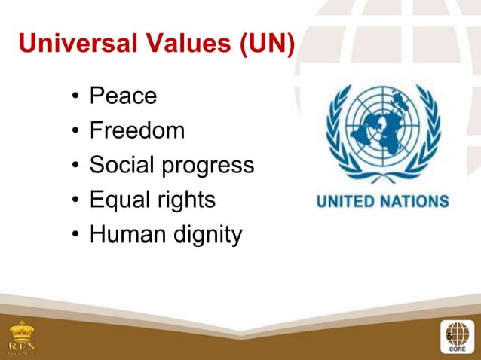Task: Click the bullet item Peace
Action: pyautogui.click(x=124, y=96)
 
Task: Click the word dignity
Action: pyautogui.click(x=205, y=236)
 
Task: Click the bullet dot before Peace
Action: pyautogui.click(x=75, y=98)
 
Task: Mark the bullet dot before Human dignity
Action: pyautogui.click(x=75, y=236)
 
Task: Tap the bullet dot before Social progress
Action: pyautogui.click(x=75, y=167)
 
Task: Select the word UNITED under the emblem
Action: pyautogui.click(x=348, y=202)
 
